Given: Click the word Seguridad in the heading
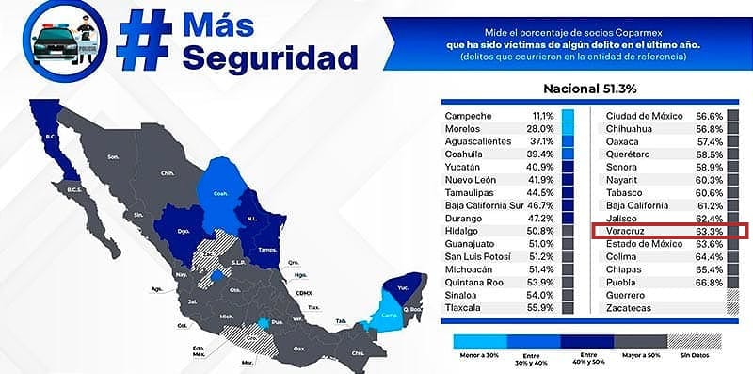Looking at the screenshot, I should coord(270,58).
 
